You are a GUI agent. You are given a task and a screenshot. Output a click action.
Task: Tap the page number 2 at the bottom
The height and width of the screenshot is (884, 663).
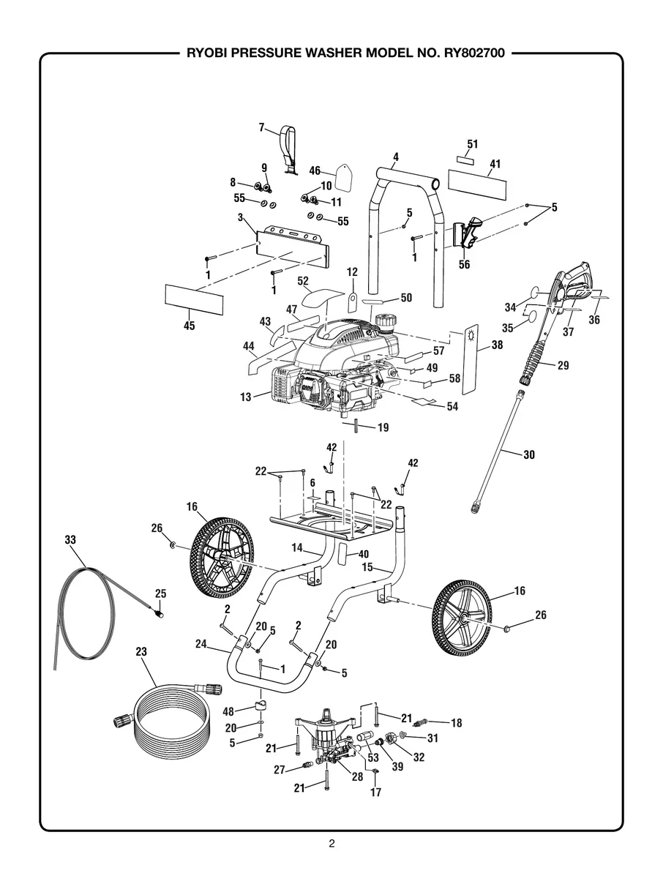coord(331,844)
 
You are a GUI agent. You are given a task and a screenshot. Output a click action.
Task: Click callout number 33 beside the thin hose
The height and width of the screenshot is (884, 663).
coord(70,539)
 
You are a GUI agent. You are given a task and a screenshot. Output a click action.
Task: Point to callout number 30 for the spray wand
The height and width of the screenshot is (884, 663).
coord(528,454)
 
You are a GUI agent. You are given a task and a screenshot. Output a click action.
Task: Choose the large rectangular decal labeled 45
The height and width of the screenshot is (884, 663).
coord(193,300)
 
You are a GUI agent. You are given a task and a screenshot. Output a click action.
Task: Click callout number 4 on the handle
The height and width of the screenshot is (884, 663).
coord(395,157)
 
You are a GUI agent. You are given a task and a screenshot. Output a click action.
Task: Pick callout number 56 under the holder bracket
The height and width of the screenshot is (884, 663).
coord(464,264)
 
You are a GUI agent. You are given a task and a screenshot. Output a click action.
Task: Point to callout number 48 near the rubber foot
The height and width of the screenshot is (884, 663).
coord(228,711)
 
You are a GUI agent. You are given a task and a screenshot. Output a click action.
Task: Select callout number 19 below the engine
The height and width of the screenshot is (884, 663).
coord(383,427)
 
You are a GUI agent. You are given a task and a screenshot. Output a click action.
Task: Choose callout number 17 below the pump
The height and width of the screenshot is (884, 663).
coord(376,791)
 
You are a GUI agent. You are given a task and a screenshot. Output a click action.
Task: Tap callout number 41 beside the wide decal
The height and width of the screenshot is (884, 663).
coord(495,164)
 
